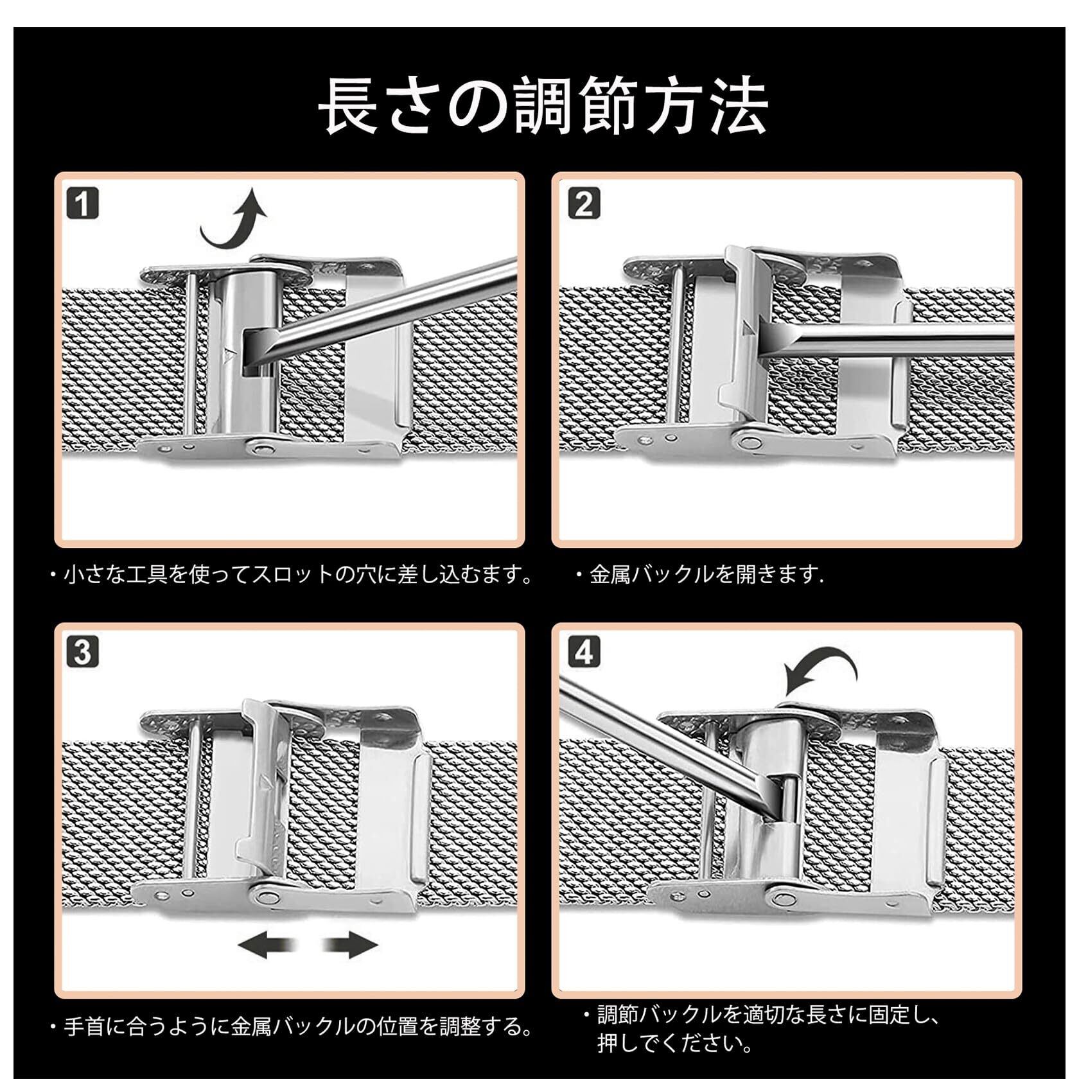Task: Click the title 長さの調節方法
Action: pos(543,105)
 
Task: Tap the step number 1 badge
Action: pos(82,205)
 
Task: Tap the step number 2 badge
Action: pos(583,205)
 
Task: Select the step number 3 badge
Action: pos(82,653)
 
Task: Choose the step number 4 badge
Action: pos(583,653)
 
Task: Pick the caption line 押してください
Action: pos(674,1044)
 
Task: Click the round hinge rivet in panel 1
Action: pos(261,444)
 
